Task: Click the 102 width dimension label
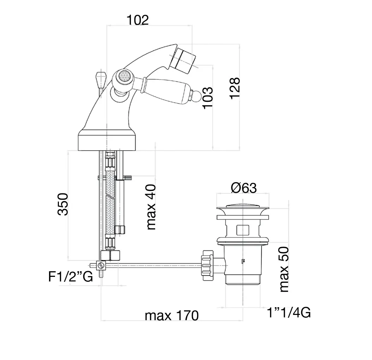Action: pos(138,20)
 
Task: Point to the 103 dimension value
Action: pos(208,98)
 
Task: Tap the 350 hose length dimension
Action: pos(63,204)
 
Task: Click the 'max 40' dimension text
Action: pos(151,207)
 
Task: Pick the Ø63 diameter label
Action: pos(244,188)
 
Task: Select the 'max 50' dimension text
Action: pos(284,269)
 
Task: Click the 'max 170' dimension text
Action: pos(172,316)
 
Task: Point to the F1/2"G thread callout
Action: pos(71,277)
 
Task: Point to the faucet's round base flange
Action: pos(107,141)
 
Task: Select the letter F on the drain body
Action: pos(243,261)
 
